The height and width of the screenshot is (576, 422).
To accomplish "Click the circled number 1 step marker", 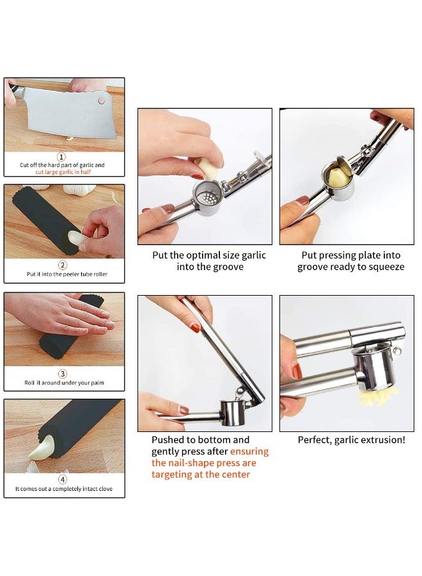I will (62, 157).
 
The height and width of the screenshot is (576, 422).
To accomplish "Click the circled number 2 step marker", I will (63, 265).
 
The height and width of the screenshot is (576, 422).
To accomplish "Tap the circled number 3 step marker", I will (63, 374).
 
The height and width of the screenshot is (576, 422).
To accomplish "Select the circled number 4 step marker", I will (63, 479).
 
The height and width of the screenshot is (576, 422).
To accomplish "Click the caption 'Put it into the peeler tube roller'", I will (66, 275).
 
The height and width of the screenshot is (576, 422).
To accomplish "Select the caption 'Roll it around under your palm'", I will (64, 383).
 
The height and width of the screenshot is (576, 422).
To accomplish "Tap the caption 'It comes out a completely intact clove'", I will (65, 489).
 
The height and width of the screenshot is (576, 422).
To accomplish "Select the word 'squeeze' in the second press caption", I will (387, 267).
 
